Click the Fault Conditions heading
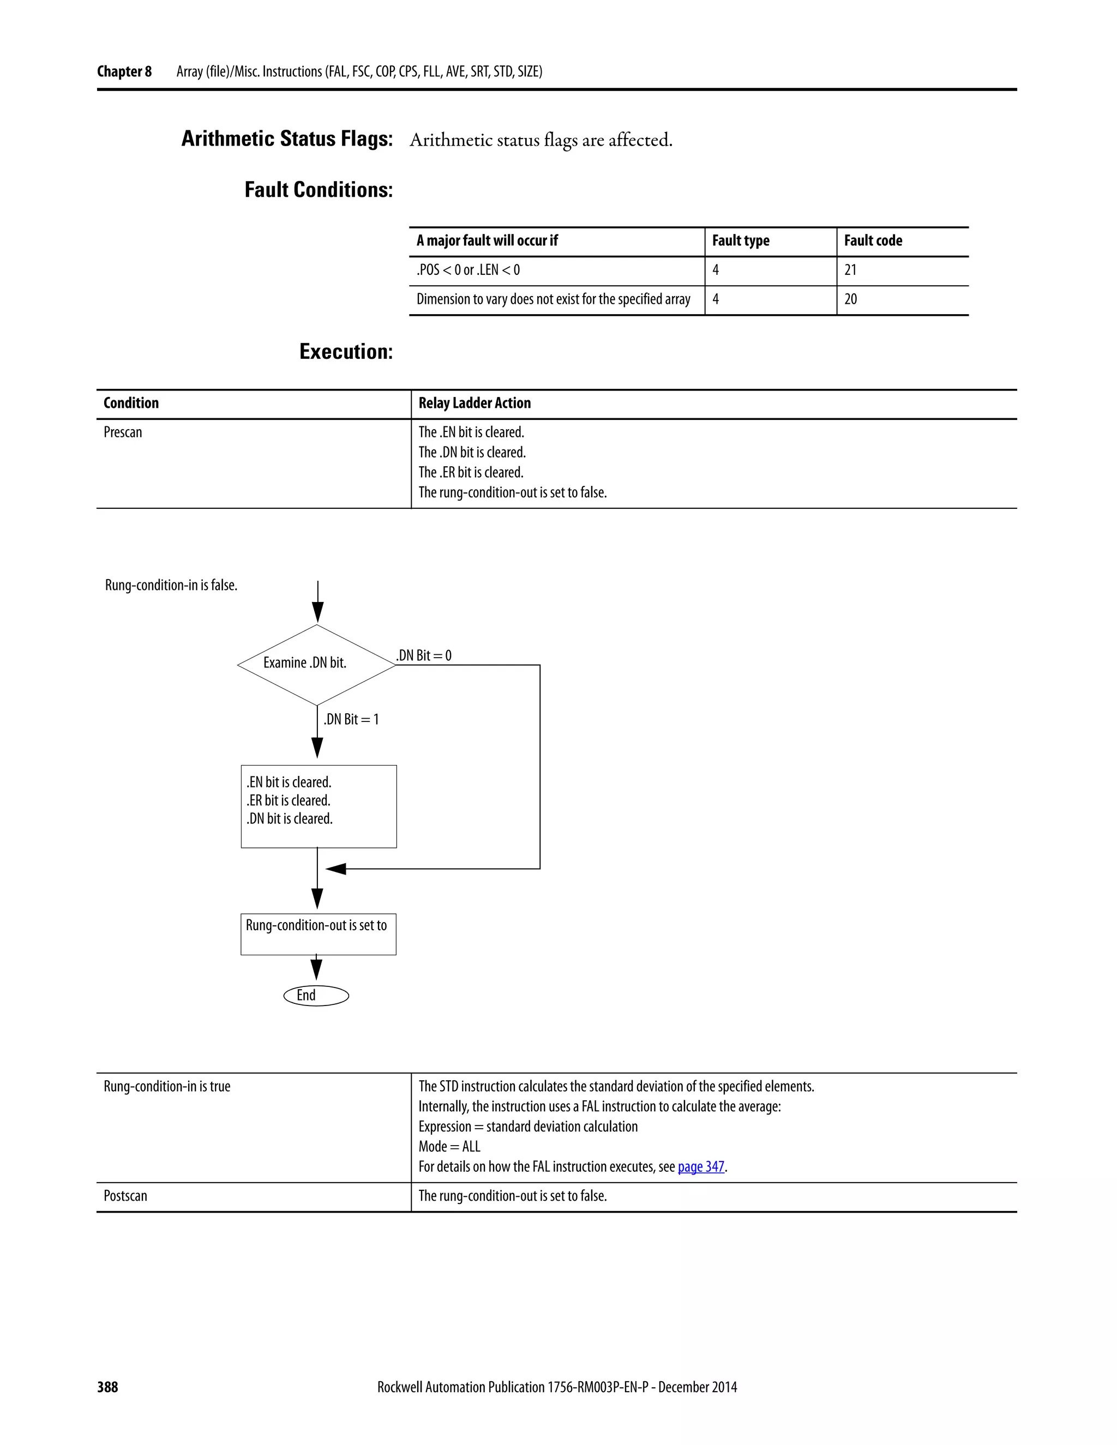pos(319,190)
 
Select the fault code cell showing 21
pos(850,270)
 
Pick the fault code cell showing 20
pos(850,299)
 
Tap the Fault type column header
pos(741,241)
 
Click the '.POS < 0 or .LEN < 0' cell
pos(468,270)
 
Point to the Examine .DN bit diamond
pos(316,664)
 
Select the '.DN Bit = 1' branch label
pos(351,719)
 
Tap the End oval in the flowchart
pos(316,996)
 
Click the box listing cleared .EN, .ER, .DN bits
pos(319,806)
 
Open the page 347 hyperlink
pos(701,1166)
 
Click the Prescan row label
pos(123,432)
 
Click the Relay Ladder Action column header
pos(475,403)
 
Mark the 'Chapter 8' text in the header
pos(124,71)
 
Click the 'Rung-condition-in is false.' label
pos(171,585)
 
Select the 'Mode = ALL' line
pos(449,1147)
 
